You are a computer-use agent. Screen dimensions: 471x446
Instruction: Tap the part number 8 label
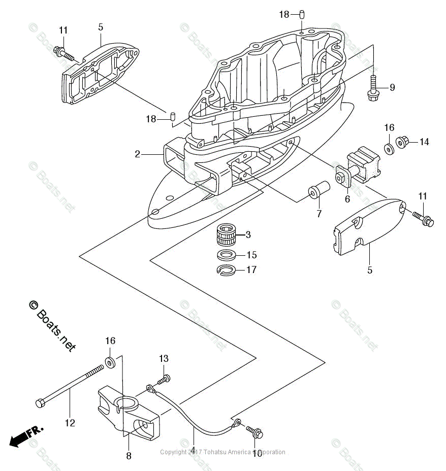(129, 456)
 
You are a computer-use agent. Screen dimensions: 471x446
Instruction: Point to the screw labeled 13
(164, 379)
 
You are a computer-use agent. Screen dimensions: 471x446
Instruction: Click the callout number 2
(137, 154)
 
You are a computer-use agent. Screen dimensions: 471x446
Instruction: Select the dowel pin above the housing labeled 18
(301, 15)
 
